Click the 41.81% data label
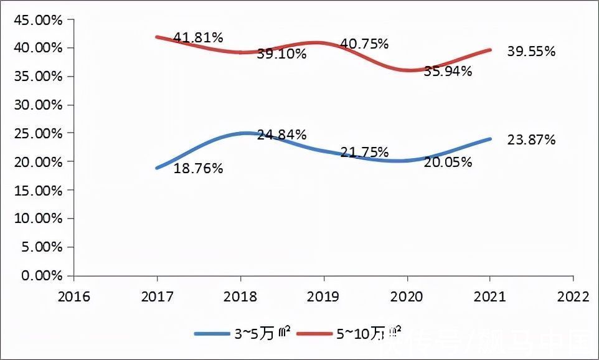[198, 38]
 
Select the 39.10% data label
[281, 54]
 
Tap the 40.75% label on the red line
[364, 44]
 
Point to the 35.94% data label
[448, 72]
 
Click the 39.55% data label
[531, 52]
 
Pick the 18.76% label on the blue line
[198, 169]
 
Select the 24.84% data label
[281, 135]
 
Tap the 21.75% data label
[364, 153]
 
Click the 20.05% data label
[448, 163]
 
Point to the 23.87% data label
[531, 140]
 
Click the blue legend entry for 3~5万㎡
[242, 334]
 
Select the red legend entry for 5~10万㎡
[349, 334]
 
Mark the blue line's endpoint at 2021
[490, 139]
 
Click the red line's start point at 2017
[157, 37]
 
